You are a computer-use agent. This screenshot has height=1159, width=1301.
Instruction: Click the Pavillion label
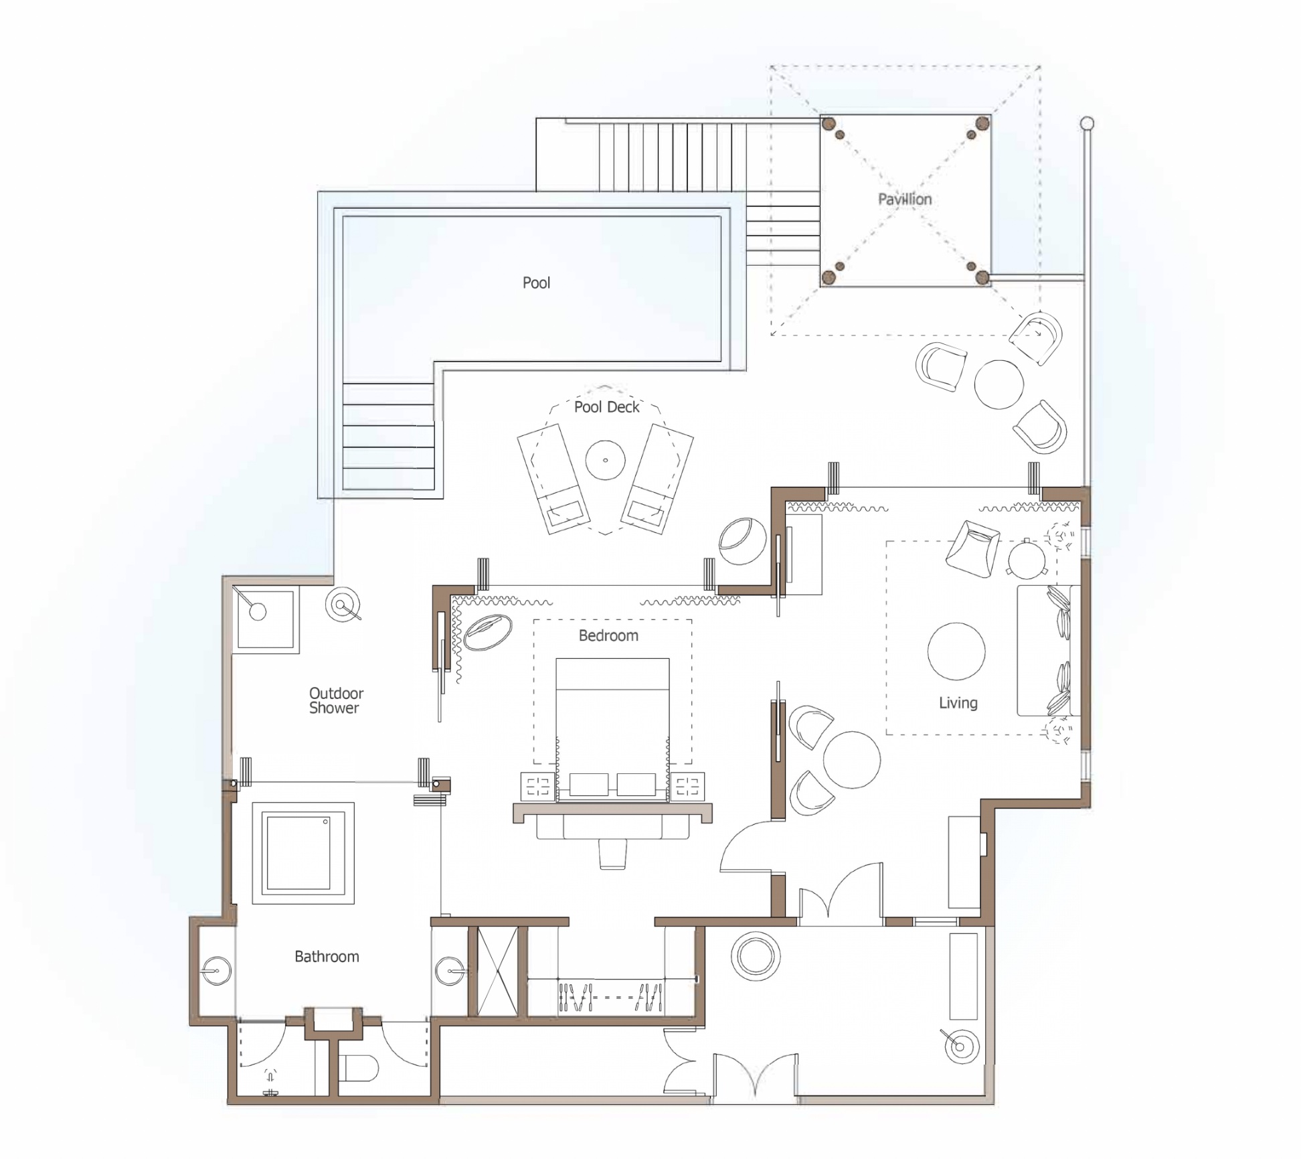click(905, 199)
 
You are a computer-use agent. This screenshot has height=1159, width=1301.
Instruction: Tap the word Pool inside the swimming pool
click(536, 283)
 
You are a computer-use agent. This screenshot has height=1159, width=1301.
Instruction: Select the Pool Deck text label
click(606, 406)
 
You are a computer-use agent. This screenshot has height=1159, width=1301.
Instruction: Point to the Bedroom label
click(608, 635)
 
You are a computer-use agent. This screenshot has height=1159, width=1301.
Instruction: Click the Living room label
click(958, 703)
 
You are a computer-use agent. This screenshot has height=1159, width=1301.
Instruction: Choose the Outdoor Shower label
click(336, 700)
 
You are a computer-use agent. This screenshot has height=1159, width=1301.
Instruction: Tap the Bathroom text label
click(327, 957)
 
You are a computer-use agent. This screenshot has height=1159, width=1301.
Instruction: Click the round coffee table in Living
click(956, 651)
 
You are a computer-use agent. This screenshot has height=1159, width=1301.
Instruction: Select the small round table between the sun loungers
click(605, 460)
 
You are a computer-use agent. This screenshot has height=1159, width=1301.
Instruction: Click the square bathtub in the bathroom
click(303, 853)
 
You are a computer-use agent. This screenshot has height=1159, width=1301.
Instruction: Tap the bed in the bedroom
click(612, 730)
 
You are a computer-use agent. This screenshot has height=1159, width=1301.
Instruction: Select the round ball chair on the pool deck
click(742, 540)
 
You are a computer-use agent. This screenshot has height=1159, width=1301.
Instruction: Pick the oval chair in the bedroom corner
click(488, 632)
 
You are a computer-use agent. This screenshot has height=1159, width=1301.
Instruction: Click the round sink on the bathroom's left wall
click(216, 970)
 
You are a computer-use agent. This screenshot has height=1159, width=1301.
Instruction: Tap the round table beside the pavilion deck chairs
click(999, 384)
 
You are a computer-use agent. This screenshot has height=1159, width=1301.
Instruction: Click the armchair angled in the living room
click(972, 548)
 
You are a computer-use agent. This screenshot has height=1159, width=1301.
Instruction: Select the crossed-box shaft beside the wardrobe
click(497, 971)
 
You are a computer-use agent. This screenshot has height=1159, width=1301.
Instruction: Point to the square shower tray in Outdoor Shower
click(266, 619)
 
